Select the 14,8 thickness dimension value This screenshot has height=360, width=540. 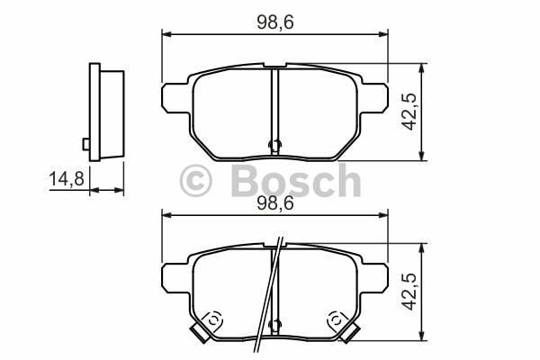click(66, 179)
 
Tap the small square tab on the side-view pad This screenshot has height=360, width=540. click(85, 143)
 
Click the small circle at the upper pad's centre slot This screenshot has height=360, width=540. click(275, 144)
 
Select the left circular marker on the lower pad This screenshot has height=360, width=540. click(214, 319)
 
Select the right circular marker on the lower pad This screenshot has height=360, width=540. click(336, 319)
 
